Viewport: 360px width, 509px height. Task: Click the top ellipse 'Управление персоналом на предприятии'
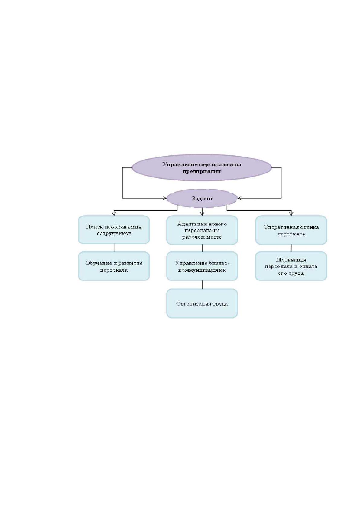[x=202, y=167]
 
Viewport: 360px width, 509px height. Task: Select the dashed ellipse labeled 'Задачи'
[x=202, y=198]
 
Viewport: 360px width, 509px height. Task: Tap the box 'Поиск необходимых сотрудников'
[x=114, y=229]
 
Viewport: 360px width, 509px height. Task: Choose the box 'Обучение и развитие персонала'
[x=114, y=266]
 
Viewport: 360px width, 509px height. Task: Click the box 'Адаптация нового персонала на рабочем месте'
[x=202, y=230]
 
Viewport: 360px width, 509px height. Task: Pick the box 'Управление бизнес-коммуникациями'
[x=202, y=266]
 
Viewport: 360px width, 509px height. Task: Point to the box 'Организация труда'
[x=202, y=303]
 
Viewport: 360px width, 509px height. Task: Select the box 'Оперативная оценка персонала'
[x=291, y=230]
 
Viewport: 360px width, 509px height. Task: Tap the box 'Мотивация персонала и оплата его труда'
[x=291, y=266]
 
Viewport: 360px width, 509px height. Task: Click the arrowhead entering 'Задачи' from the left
[x=165, y=198]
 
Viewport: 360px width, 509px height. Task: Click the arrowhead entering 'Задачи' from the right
[x=239, y=198]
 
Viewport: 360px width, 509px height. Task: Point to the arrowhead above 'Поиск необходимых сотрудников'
[x=114, y=214]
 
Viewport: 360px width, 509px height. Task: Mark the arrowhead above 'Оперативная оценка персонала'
[x=291, y=214]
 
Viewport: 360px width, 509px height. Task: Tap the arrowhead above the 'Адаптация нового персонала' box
[x=202, y=214]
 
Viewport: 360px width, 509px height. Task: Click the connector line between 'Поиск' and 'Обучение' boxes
[x=114, y=248]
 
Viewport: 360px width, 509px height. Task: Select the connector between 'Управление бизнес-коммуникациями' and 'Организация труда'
[x=202, y=285]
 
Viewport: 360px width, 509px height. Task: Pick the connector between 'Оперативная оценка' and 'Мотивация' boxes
[x=291, y=248]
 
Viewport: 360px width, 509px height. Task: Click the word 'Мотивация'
[x=291, y=260]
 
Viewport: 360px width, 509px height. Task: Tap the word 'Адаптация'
[x=188, y=224]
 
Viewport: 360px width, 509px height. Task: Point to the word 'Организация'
[x=190, y=304]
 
